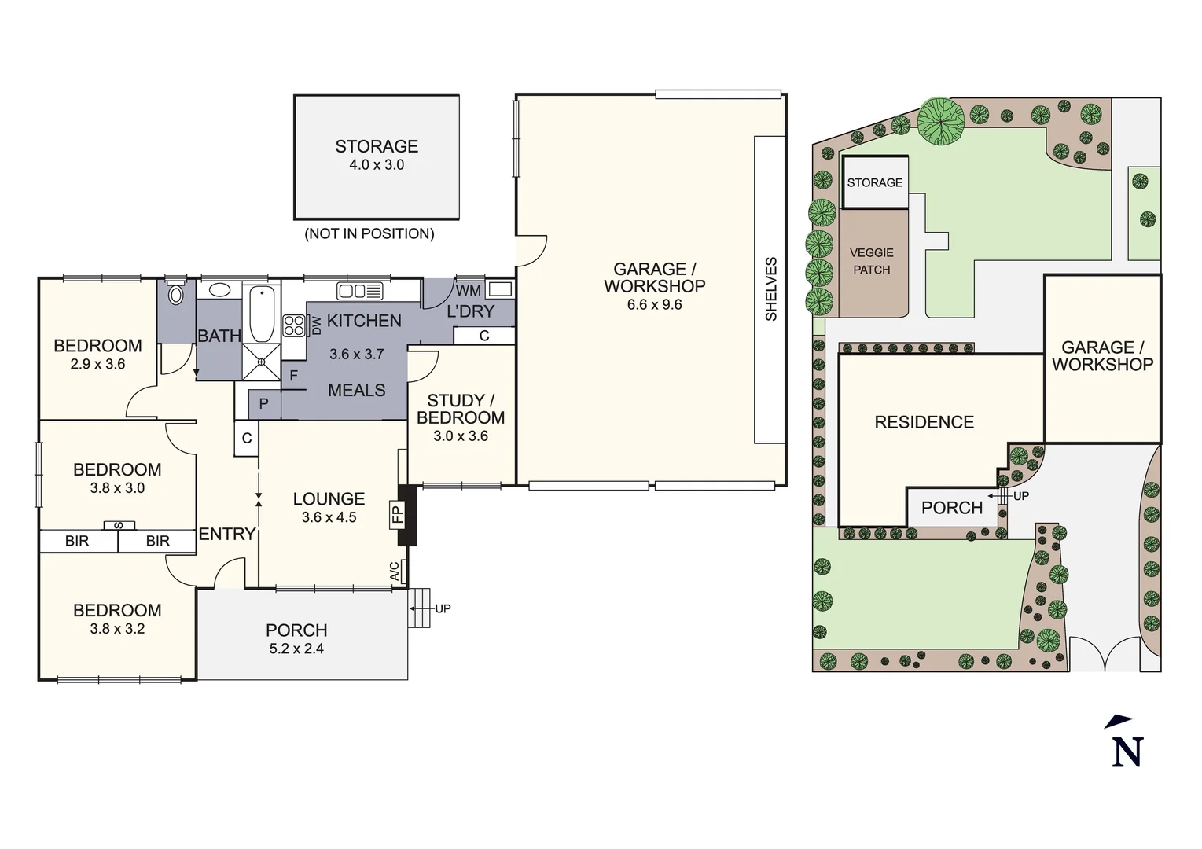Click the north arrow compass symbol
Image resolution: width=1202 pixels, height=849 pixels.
(x=1126, y=741)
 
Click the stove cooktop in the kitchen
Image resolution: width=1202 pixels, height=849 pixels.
(x=293, y=325)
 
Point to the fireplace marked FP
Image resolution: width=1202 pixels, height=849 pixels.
(x=406, y=515)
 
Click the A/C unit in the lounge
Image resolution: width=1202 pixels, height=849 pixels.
(x=399, y=572)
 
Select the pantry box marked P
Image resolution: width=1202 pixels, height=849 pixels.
(x=264, y=404)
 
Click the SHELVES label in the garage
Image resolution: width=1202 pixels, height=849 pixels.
(x=770, y=289)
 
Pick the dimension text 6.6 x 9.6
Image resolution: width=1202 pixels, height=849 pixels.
(x=654, y=305)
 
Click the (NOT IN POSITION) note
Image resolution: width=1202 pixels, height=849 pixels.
(x=369, y=233)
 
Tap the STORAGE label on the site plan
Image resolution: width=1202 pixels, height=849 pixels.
(x=874, y=182)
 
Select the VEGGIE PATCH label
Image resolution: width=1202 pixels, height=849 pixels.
(x=871, y=261)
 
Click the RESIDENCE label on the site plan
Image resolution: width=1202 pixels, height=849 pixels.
(x=924, y=422)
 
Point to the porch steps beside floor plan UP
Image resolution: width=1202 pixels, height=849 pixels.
(x=419, y=608)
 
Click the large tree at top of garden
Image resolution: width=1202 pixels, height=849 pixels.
(x=941, y=121)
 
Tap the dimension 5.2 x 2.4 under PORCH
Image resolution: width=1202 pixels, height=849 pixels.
(x=296, y=649)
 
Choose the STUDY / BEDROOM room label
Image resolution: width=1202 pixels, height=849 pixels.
(x=461, y=409)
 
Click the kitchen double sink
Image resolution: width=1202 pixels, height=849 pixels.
(x=360, y=292)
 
